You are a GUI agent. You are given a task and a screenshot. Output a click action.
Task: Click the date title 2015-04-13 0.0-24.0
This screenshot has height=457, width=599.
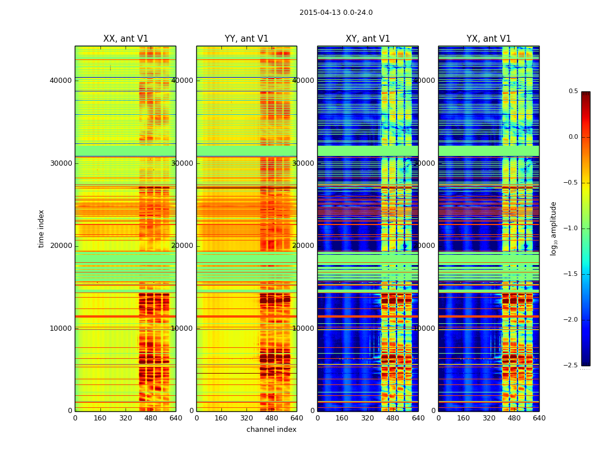[336, 13]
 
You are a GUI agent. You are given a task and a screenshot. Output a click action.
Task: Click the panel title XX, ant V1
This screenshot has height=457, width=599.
[126, 39]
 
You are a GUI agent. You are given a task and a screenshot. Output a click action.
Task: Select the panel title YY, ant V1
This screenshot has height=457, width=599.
[246, 39]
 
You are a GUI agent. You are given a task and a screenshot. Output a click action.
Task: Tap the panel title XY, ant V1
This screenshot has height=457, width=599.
[368, 39]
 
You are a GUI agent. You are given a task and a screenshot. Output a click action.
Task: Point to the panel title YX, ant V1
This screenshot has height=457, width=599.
[489, 39]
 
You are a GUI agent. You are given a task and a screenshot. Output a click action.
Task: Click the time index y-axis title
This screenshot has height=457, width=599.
[41, 228]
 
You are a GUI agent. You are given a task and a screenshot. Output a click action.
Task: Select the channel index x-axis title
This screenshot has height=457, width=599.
[272, 430]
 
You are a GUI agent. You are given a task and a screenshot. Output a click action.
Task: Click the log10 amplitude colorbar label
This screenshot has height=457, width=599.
[553, 228]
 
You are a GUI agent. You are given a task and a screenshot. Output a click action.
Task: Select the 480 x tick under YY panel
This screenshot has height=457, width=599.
[272, 418]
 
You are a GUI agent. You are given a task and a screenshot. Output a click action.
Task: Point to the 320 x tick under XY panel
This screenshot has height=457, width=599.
[368, 418]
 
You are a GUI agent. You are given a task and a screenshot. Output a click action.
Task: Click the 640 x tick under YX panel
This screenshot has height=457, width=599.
[539, 418]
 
